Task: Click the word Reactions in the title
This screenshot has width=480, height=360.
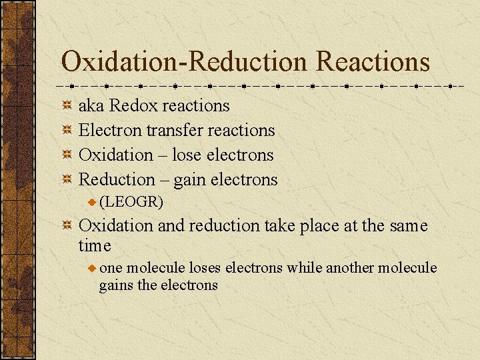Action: pyautogui.click(x=373, y=62)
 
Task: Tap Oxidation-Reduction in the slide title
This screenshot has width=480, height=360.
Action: pyautogui.click(x=185, y=62)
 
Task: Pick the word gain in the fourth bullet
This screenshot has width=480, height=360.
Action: pyautogui.click(x=189, y=180)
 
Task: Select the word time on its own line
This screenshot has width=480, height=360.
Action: pyautogui.click(x=95, y=246)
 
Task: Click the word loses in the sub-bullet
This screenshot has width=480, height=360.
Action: pyautogui.click(x=205, y=268)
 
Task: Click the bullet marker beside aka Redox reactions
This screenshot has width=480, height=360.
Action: pyautogui.click(x=67, y=105)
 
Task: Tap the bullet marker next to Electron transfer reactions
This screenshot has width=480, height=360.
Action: pyautogui.click(x=67, y=130)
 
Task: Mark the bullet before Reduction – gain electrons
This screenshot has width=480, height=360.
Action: pyautogui.click(x=67, y=179)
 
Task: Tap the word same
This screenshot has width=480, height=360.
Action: pyautogui.click(x=406, y=226)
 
